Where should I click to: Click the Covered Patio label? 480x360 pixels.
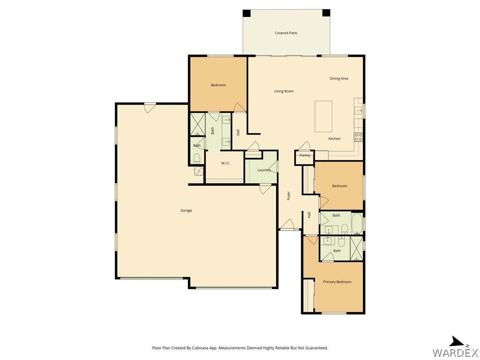pos(286,33)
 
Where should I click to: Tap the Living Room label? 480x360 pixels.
pos(284,91)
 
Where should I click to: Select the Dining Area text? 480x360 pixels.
pos(339,78)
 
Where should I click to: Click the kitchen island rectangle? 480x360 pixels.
pos(323,116)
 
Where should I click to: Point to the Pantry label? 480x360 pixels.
pos(305,155)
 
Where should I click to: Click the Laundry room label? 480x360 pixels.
pos(264,170)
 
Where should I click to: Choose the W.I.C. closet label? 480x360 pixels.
pos(225,163)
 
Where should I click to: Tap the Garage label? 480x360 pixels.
pos(186,210)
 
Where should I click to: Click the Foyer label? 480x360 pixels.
pos(289,196)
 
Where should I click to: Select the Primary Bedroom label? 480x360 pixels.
pos(337,282)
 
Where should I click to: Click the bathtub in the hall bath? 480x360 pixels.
pos(357,224)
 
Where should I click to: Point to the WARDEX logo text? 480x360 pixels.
pos(456,352)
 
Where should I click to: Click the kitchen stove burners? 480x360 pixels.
pos(359,137)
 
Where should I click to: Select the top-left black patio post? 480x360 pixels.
pos(247,14)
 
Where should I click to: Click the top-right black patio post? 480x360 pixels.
pos(326,13)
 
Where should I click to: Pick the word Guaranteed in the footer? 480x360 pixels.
pos(318,348)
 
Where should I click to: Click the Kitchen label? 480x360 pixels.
pos(334,139)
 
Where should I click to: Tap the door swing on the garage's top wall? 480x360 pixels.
pos(150,108)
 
